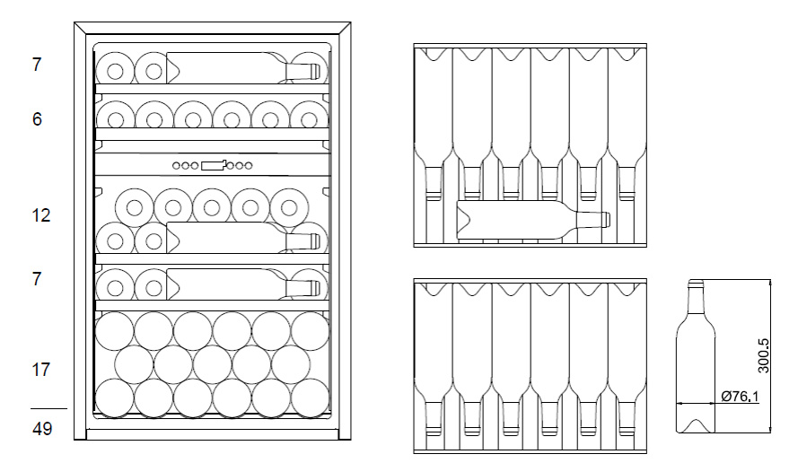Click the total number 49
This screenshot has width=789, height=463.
tap(41, 429)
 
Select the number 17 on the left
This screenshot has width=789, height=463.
tap(41, 369)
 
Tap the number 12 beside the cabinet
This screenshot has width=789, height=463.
tap(41, 215)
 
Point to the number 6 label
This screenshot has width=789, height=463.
tap(37, 118)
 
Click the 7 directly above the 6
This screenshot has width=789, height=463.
tap(37, 65)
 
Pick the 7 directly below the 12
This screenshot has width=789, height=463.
tap(37, 279)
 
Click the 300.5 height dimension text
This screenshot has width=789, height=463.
tap(763, 355)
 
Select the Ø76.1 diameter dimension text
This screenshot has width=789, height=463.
tap(738, 395)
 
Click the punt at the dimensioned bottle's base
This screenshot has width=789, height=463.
tap(695, 424)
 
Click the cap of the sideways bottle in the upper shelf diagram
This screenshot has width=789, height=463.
tap(606, 220)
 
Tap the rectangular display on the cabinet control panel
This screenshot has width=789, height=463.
tap(214, 165)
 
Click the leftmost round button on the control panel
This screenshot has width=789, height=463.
tap(177, 165)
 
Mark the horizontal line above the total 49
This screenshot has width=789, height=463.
tap(48, 409)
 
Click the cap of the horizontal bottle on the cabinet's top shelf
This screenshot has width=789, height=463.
tap(316, 69)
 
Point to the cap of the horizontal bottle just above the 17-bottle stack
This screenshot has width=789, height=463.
tap(316, 288)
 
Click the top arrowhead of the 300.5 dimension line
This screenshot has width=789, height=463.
tap(770, 283)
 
